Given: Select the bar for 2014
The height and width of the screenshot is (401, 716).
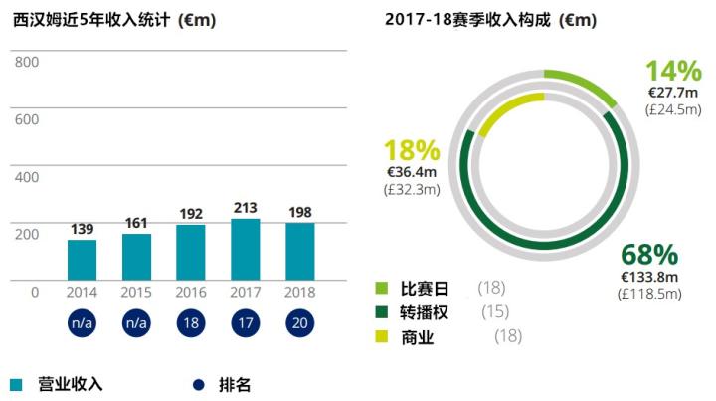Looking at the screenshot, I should click(82, 260).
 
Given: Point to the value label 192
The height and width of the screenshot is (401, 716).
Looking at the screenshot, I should click(191, 213).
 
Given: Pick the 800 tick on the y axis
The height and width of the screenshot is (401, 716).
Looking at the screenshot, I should click(27, 62).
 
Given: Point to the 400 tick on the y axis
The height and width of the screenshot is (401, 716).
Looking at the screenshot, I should click(27, 177).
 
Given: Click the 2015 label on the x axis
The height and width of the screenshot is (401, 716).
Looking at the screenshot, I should click(136, 292).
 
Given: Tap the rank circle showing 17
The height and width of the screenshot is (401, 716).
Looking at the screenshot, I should click(245, 324).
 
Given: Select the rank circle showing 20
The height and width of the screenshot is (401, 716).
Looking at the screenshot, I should click(299, 324).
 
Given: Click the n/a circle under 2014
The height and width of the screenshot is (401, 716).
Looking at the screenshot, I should click(82, 324).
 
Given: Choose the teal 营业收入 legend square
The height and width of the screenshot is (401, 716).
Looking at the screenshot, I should click(16, 384).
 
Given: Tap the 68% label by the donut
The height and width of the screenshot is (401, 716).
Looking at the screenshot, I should click(649, 255).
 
